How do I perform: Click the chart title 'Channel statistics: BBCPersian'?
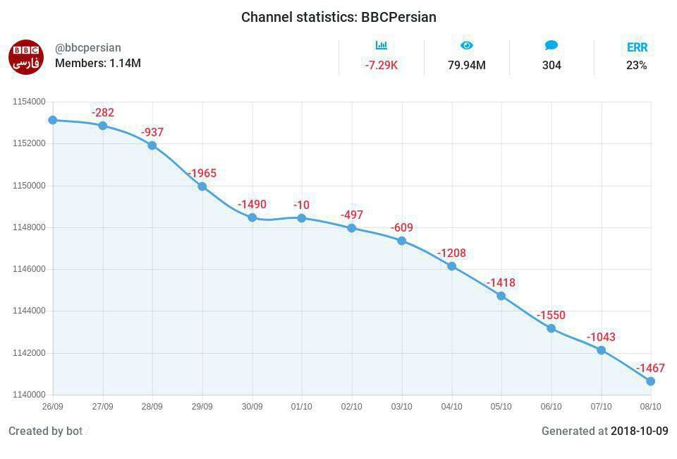click(338, 17)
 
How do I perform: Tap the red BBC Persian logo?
click(26, 57)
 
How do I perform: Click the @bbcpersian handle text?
click(88, 48)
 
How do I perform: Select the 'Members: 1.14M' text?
click(98, 64)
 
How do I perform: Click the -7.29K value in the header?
click(382, 66)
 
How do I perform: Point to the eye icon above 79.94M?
click(467, 46)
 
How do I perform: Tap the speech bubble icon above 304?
click(551, 46)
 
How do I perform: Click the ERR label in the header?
click(637, 48)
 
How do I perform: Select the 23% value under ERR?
click(637, 66)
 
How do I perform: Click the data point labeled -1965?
click(202, 186)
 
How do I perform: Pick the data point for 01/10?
click(302, 218)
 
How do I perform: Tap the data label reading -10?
click(302, 205)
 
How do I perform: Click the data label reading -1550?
click(551, 315)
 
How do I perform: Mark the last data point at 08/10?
click(650, 381)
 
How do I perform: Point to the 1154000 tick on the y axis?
click(29, 102)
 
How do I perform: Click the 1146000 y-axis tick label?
click(29, 269)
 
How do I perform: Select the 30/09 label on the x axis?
click(252, 407)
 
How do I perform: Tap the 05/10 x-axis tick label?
click(501, 407)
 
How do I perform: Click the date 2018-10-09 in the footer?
click(639, 431)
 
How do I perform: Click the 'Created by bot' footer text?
click(45, 431)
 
